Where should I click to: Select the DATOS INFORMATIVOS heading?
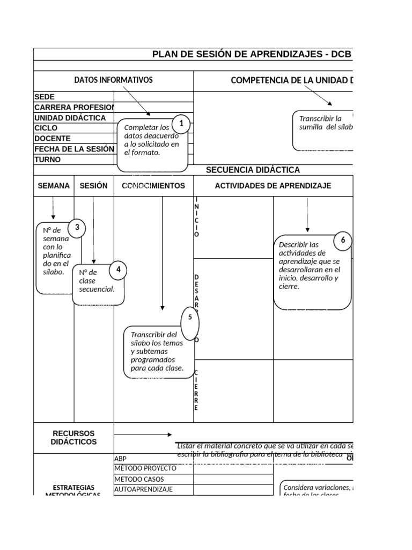click(x=113, y=80)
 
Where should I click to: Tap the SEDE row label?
click(x=45, y=97)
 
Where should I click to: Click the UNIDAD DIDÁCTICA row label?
click(x=70, y=118)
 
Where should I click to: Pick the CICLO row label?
click(x=46, y=128)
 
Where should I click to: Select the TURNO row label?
click(x=48, y=160)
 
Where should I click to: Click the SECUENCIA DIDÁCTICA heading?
click(x=253, y=170)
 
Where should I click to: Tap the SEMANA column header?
click(x=54, y=186)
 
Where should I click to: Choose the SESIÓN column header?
click(x=93, y=186)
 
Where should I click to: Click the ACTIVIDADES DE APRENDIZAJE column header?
click(x=273, y=186)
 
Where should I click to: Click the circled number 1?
click(x=181, y=124)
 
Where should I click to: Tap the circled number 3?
click(x=77, y=228)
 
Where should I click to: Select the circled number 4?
click(x=118, y=270)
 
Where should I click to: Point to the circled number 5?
click(x=190, y=317)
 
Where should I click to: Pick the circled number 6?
click(x=343, y=241)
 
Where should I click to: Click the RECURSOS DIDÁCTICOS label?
click(x=73, y=437)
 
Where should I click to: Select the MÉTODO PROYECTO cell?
click(x=145, y=468)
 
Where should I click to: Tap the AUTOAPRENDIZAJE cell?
click(x=144, y=489)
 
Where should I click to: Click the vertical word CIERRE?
click(x=196, y=390)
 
